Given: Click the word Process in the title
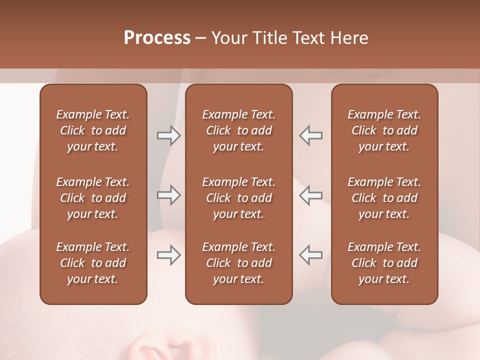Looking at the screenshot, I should pos(157,38).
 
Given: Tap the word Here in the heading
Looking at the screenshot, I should pos(349,38).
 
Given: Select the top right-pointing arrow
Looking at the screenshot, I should pos(168,135).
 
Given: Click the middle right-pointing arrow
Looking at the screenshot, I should pos(168,195).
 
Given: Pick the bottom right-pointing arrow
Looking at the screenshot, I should pos(168,255).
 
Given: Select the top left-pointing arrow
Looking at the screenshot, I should pos(311,135).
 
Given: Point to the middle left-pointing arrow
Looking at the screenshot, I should pos(311,195).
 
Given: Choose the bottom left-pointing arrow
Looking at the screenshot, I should pos(311,255).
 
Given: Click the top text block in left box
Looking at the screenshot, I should pos(93,130).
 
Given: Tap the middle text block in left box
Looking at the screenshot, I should pos(93,198).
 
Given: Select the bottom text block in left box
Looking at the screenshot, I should pos(93,263).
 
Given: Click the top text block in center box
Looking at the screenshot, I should pos(238,130).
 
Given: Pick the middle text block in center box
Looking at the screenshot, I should pos(238,198).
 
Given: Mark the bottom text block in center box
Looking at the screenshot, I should pos(238,263).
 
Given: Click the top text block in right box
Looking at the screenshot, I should pos(384,130).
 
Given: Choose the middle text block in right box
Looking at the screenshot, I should pos(384,198).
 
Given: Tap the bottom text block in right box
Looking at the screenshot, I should pos(384,263).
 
